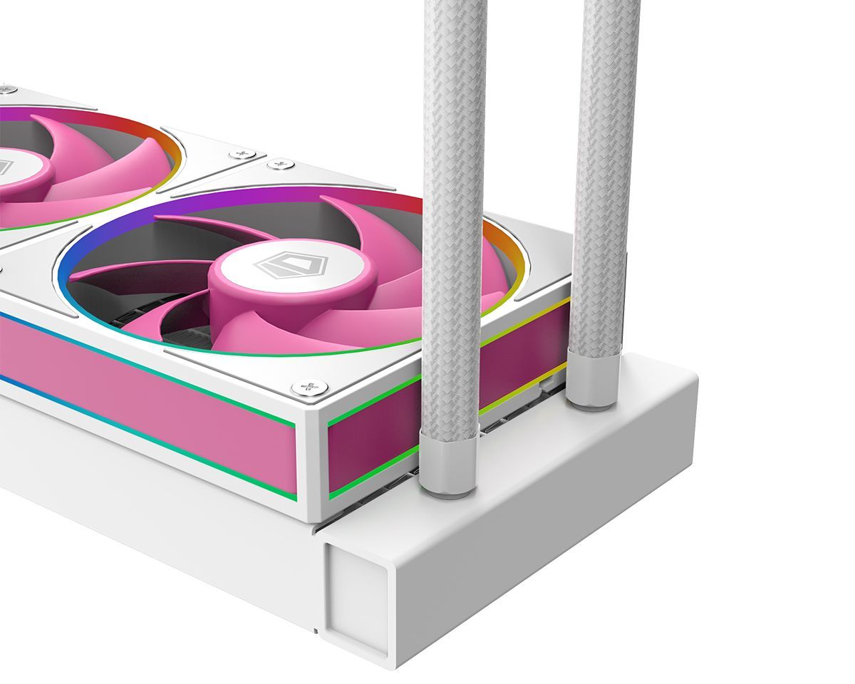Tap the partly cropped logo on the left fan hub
click(x=4, y=167)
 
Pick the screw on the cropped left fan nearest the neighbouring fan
click(x=243, y=154)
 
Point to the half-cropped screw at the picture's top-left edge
click(x=6, y=90)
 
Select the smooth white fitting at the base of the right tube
click(x=594, y=381)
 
